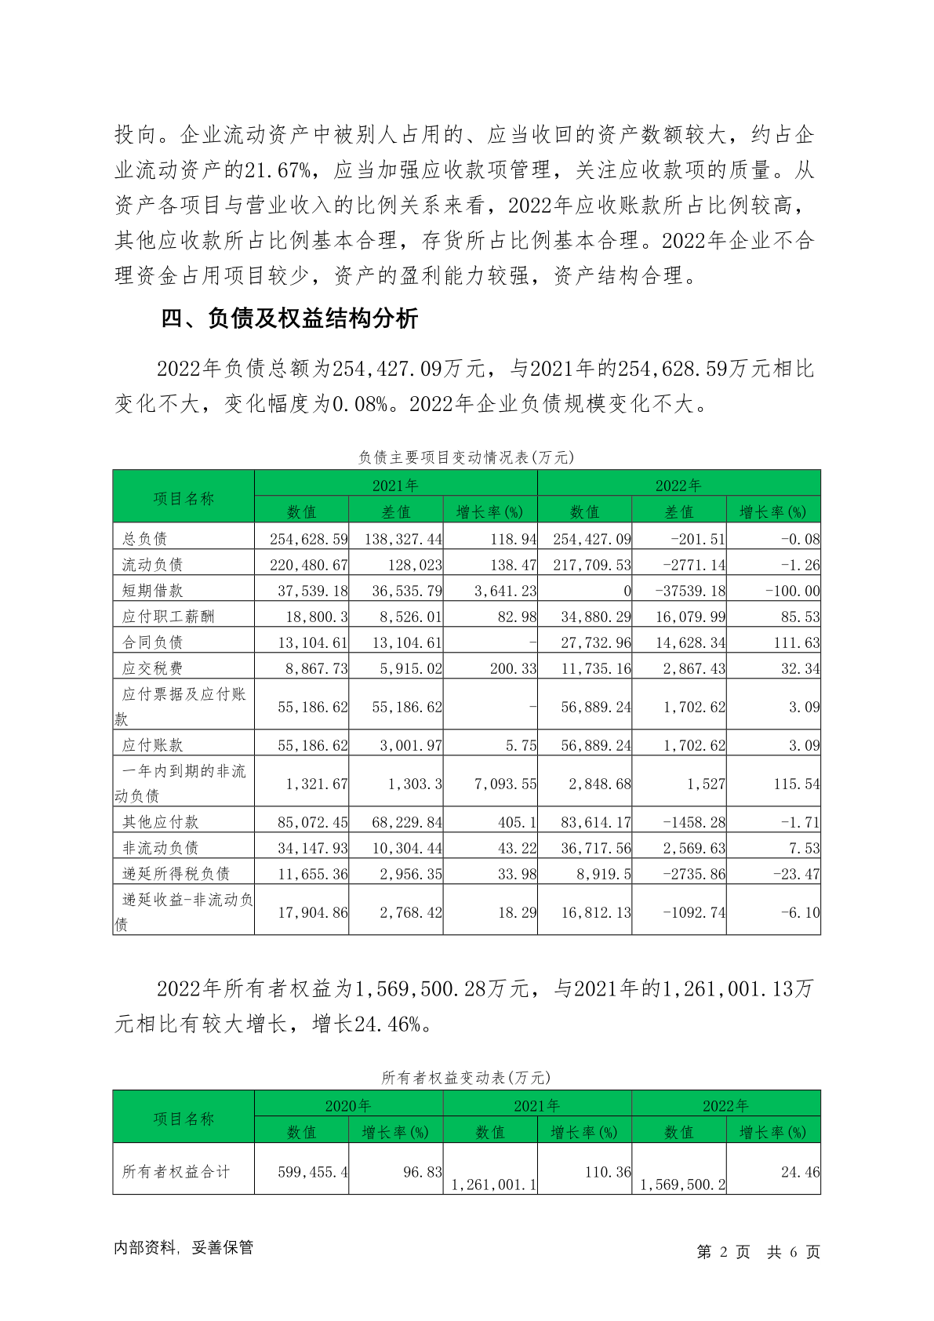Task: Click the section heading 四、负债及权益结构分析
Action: pyautogui.click(x=289, y=318)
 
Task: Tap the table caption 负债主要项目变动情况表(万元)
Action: pyautogui.click(x=466, y=457)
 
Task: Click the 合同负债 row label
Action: pyautogui.click(x=153, y=642)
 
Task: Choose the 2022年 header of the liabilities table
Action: pyautogui.click(x=678, y=485)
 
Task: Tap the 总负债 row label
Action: pyautogui.click(x=145, y=538)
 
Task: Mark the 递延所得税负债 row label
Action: pyautogui.click(x=176, y=873)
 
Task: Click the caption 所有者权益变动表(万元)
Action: pyautogui.click(x=466, y=1078)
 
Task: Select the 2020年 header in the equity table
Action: pyautogui.click(x=348, y=1105)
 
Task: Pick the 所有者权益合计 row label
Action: pyautogui.click(x=176, y=1172)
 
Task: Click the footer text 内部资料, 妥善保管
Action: pyautogui.click(x=184, y=1247)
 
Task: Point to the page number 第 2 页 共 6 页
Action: pyautogui.click(x=758, y=1252)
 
